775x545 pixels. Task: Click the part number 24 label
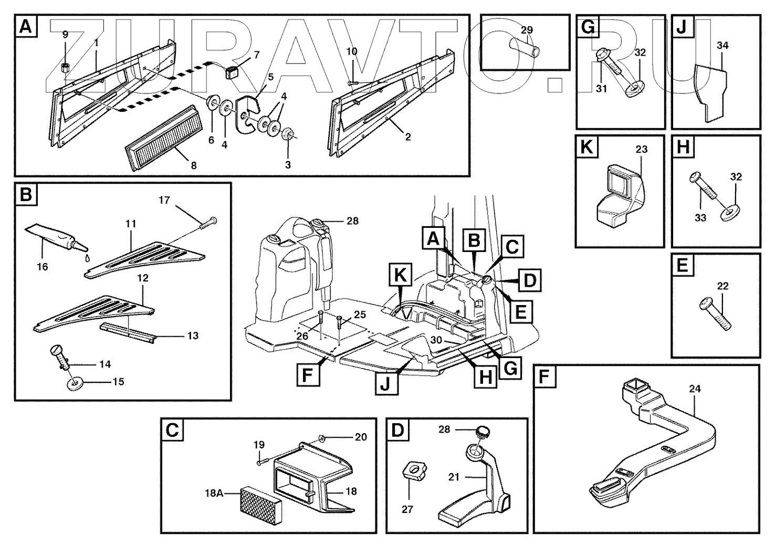(695, 389)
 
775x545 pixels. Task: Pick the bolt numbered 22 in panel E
(715, 313)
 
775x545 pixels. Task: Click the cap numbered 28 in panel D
(482, 433)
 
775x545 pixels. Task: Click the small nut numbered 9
(66, 67)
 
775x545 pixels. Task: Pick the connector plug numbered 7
(233, 71)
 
